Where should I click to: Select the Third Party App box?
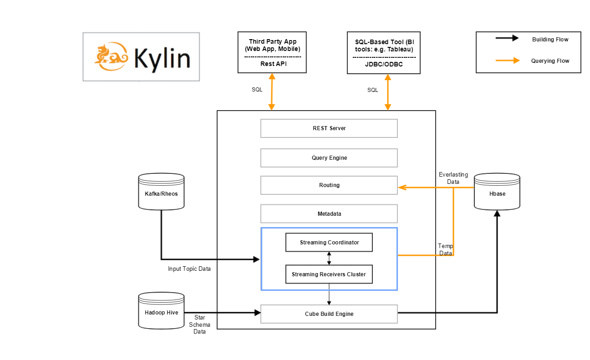[x=272, y=52]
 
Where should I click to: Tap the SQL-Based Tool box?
[x=383, y=52]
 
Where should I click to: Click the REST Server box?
[x=329, y=128]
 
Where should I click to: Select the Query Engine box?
[x=329, y=158]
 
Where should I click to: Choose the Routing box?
[x=329, y=185]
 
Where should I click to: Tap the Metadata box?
[x=329, y=213]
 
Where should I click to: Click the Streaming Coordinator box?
[x=329, y=243]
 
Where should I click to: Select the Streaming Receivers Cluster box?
[x=329, y=274]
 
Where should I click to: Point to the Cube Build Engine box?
[x=329, y=314]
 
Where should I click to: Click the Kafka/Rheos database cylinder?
[x=161, y=192]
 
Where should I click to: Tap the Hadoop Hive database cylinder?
[x=161, y=311]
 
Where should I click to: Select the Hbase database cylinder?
[x=497, y=192]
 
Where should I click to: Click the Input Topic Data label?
[x=189, y=269]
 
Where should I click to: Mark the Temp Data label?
[x=445, y=249]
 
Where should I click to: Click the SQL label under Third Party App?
[x=257, y=90]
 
